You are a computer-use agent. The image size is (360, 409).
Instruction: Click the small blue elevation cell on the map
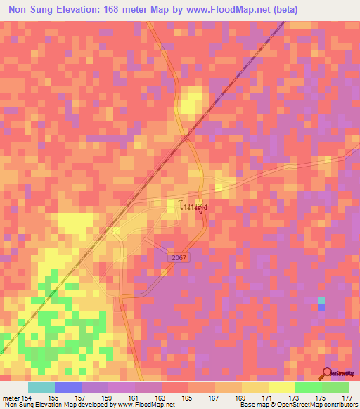[321, 308]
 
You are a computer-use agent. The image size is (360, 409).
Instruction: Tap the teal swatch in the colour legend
[41, 387]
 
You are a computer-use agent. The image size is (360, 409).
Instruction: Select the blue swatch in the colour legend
[68, 387]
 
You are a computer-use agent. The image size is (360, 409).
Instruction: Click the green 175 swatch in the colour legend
[308, 387]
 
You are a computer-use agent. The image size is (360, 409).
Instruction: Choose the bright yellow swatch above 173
[281, 387]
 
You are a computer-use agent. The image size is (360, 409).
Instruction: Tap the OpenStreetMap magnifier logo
[328, 373]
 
